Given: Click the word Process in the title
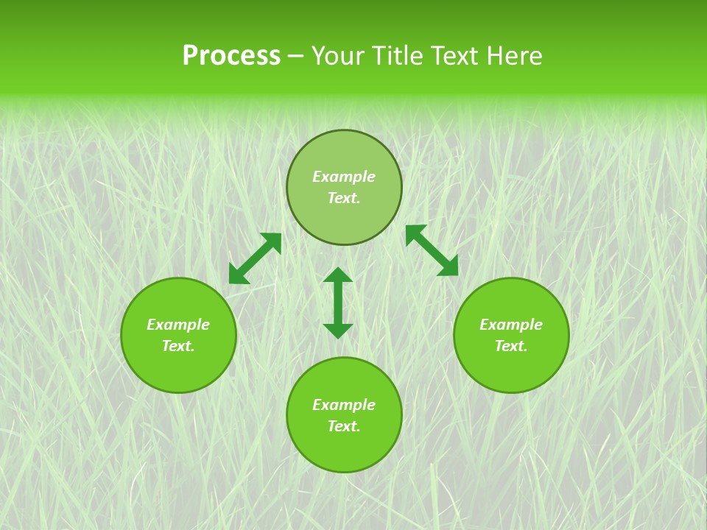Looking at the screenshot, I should tap(231, 56).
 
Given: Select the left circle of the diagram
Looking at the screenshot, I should tap(178, 368).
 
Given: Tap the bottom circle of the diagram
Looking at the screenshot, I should tap(344, 449).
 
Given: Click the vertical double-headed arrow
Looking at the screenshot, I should tap(338, 303).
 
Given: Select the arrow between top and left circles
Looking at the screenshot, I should tap(255, 258).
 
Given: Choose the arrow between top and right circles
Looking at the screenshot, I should tap(432, 251).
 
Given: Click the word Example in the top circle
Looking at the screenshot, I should tap(344, 177).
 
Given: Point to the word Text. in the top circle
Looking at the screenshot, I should tap(344, 198).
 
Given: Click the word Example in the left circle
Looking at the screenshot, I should tap(178, 325).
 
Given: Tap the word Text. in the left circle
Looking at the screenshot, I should tap(178, 346).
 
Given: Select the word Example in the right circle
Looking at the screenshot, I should tap(511, 325).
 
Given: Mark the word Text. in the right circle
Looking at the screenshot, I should tap(511, 346).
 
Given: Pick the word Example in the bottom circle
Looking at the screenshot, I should tap(344, 405).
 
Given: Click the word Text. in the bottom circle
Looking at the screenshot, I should tap(344, 426).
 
